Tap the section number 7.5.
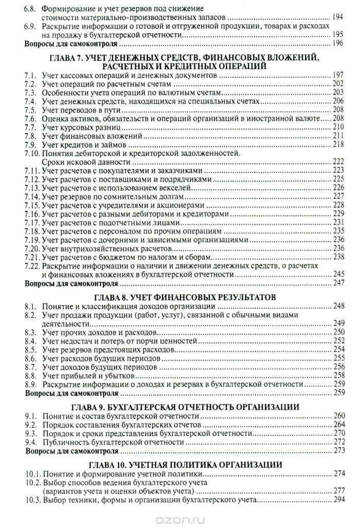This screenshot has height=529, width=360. (30, 110)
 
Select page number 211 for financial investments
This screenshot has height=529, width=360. (338, 136)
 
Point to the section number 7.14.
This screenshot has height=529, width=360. (32, 196)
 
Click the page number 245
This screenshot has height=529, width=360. (338, 273)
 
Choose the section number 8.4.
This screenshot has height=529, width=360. (30, 341)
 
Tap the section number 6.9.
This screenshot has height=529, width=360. (30, 26)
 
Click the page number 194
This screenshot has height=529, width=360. (338, 17)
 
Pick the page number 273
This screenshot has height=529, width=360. (338, 451)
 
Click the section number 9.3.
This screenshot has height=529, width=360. (30, 433)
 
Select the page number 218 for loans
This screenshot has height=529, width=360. (338, 145)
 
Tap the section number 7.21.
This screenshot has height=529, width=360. (32, 256)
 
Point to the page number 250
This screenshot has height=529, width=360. (338, 332)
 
